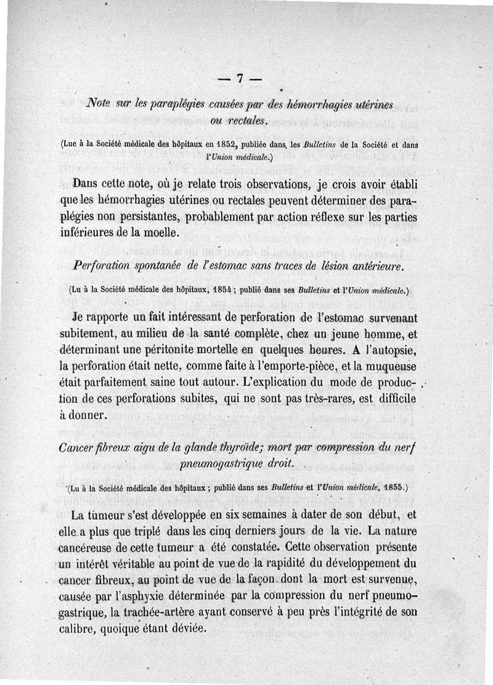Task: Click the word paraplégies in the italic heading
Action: point(186,104)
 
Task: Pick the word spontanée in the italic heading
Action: point(155,266)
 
